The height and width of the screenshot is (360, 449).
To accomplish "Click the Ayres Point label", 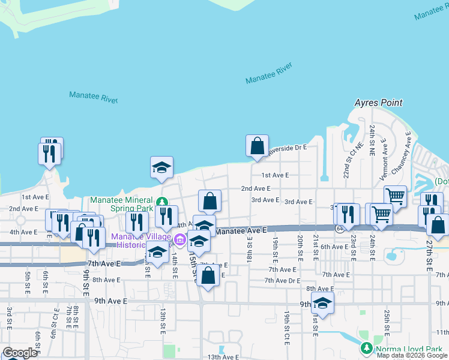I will [x=378, y=103].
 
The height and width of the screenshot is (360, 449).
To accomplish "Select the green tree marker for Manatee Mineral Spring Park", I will [x=161, y=200].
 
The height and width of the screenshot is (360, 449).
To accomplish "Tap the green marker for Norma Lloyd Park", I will [x=366, y=348].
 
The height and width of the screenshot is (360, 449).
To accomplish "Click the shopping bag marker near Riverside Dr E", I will [x=257, y=146].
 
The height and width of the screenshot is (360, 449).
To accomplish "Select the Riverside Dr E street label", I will [x=288, y=148].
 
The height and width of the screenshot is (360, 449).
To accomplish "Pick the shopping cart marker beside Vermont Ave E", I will [x=395, y=196].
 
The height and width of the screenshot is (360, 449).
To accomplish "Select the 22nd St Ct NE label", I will [x=346, y=161].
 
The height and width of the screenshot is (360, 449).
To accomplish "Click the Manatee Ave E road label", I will [x=240, y=230].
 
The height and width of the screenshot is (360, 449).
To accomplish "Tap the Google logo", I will [x=19, y=353].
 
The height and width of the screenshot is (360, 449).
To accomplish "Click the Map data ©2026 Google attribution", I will [x=411, y=355].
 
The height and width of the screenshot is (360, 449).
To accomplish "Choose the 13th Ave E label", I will [x=222, y=357].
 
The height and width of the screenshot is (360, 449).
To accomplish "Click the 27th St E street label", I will [x=429, y=256].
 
